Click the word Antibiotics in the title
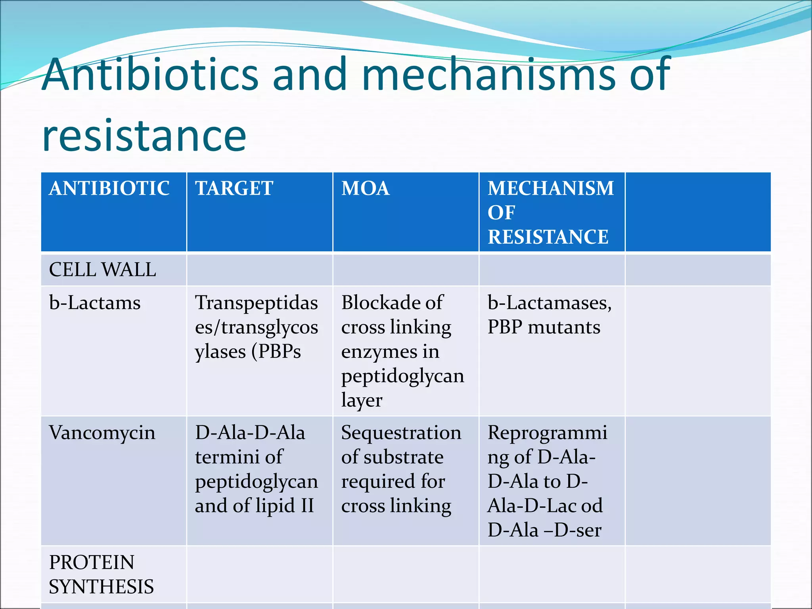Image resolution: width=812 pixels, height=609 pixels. pyautogui.click(x=151, y=75)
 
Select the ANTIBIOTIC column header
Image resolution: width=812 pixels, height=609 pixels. pyautogui.click(x=109, y=188)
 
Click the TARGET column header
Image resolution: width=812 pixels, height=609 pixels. pyautogui.click(x=234, y=188)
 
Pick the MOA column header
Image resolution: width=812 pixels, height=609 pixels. pyautogui.click(x=365, y=188)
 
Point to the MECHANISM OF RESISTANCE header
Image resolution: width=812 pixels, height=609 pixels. pyautogui.click(x=550, y=212)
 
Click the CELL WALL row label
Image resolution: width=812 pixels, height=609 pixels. pyautogui.click(x=102, y=270)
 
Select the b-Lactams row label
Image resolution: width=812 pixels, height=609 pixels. pyautogui.click(x=95, y=303)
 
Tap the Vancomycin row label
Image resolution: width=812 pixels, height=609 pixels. pyautogui.click(x=102, y=433)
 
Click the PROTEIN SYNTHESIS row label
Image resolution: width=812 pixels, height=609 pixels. pyautogui.click(x=101, y=574)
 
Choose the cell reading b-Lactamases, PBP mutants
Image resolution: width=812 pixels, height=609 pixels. pyautogui.click(x=549, y=315)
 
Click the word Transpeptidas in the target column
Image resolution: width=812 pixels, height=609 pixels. pyautogui.click(x=256, y=303)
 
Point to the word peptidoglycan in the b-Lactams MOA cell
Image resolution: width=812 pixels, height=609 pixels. pyautogui.click(x=402, y=376)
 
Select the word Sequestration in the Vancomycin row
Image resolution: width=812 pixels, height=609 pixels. pyautogui.click(x=401, y=433)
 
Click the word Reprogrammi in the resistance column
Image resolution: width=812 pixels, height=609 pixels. pyautogui.click(x=547, y=433)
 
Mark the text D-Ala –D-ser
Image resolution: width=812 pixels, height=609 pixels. pyautogui.click(x=544, y=530)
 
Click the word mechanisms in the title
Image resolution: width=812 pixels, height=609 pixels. pyautogui.click(x=488, y=75)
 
